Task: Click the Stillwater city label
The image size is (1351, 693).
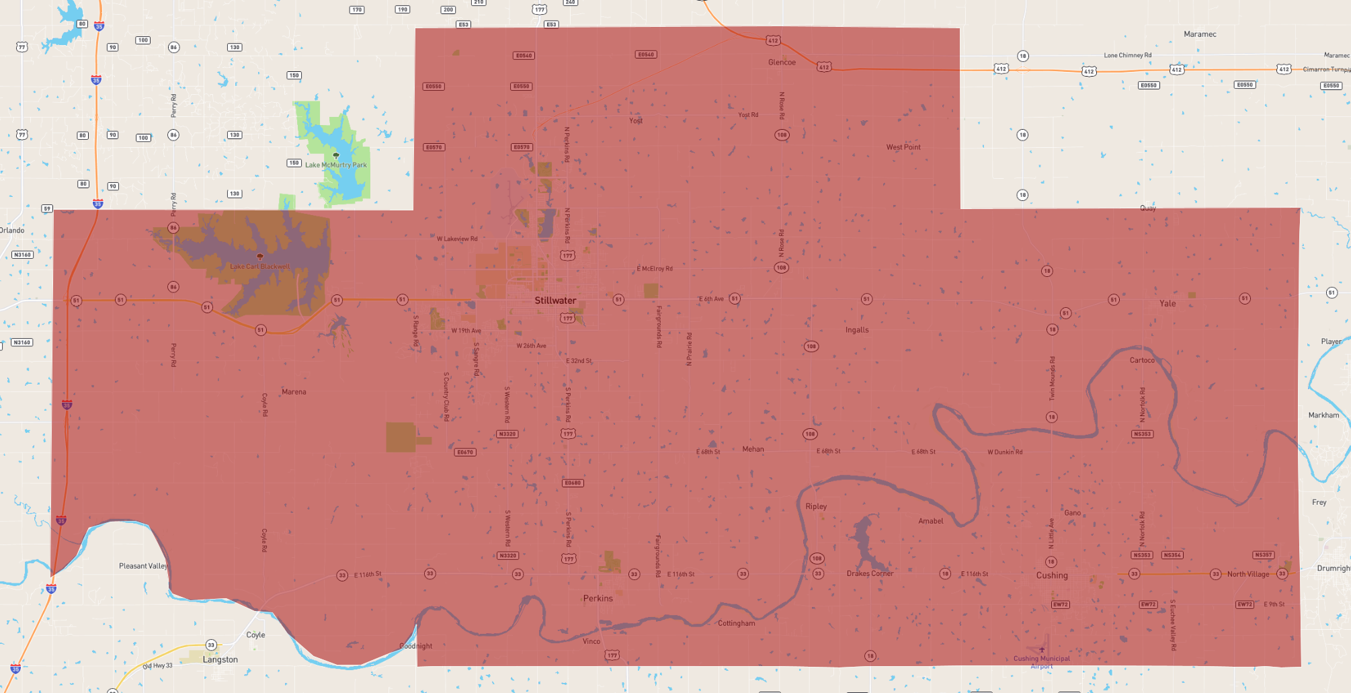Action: click(555, 300)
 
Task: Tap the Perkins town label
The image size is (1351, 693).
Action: click(598, 598)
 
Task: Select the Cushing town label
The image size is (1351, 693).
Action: click(1052, 575)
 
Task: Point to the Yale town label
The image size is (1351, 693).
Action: click(1168, 304)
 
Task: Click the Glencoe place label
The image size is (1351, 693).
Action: click(782, 63)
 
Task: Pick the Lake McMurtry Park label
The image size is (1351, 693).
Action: click(336, 165)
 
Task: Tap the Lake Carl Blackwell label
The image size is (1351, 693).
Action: click(260, 266)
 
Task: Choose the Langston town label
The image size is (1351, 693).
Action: click(220, 659)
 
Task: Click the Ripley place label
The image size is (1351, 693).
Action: click(816, 507)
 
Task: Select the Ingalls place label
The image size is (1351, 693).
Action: click(857, 330)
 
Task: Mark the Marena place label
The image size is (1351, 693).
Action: click(294, 392)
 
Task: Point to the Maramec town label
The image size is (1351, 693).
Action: click(1200, 34)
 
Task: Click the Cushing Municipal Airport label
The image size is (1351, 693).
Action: click(1042, 662)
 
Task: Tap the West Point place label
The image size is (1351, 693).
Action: click(903, 147)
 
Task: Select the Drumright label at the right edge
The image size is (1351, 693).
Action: click(1334, 568)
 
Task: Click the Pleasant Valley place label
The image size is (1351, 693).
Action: click(143, 566)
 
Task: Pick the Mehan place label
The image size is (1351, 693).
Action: click(753, 449)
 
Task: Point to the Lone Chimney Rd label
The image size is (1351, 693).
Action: click(1127, 55)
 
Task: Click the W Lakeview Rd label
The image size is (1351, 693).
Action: click(457, 239)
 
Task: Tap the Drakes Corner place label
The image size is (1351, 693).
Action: click(870, 573)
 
